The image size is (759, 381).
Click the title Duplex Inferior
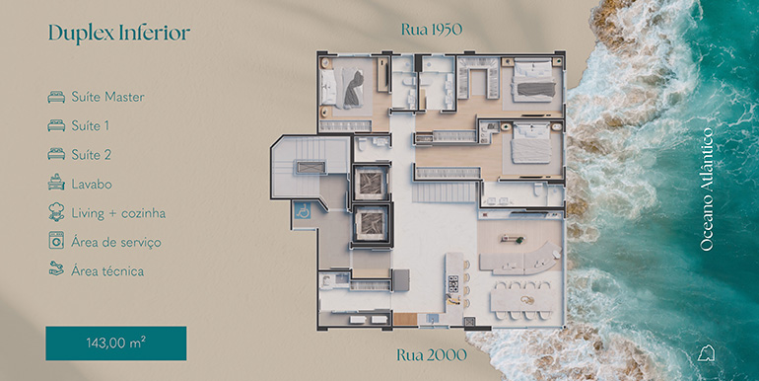point(119,33)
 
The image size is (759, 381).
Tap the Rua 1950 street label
point(432,30)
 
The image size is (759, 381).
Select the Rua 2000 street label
point(432,354)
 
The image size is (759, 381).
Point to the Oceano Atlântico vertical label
point(707,190)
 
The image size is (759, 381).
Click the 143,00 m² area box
point(116,343)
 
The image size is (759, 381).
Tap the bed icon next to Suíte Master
point(56,97)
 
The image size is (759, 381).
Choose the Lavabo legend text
point(92,185)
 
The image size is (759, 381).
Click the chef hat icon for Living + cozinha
point(56,212)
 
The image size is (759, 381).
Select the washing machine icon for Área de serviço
point(56,241)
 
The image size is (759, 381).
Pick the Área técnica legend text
point(107,271)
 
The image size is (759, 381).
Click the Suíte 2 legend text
point(91,155)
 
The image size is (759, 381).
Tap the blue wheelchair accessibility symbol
point(303,211)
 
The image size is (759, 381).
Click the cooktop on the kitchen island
point(453,283)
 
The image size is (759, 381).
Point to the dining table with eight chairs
point(522,300)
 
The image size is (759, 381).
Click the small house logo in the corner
point(706,353)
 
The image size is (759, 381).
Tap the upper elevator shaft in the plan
point(372,183)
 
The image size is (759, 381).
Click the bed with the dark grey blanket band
point(533,81)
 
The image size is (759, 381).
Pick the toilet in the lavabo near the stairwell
point(361,144)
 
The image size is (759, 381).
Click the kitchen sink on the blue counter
point(432,319)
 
